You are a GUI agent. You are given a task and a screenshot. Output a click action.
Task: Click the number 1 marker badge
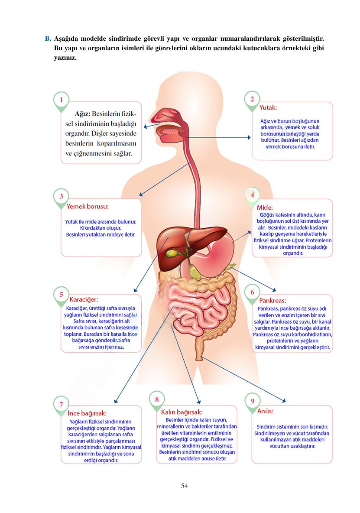coord(61,100)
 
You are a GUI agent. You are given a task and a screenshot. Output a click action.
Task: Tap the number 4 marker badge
coord(252,195)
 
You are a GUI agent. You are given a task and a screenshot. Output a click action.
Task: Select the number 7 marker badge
coord(61,404)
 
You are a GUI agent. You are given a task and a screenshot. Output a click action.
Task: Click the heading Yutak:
coord(268,107)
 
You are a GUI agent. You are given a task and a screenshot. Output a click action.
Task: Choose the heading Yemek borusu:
coord(88,207)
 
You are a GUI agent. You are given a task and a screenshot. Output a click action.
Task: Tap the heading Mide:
coord(265,207)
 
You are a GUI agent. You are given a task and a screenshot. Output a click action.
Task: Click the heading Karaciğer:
coord(84,299)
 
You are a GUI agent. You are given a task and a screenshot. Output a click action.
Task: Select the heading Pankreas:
coord(272,300)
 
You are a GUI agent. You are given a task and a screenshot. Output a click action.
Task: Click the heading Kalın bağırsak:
coord(182,412)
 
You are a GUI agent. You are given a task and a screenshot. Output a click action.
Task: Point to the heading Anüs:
coord(265,411)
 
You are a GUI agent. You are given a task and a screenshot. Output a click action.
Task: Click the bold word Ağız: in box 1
coord(83,114)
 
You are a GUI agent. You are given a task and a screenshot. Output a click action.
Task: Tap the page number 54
coord(185,486)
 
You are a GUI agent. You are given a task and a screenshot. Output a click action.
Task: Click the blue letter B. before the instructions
coord(48,39)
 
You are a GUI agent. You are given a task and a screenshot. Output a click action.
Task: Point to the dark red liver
coord(171,243)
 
